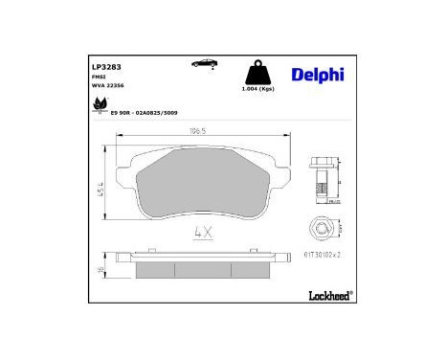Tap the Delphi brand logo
point(310,74)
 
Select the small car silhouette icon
point(203,64)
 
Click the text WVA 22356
point(107,94)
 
